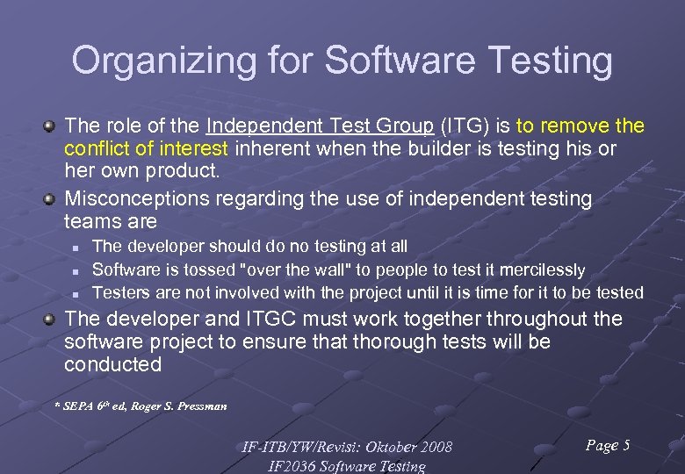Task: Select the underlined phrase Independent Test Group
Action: click(x=320, y=126)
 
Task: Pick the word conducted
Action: click(x=113, y=365)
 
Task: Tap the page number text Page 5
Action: click(x=607, y=446)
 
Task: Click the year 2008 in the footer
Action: click(x=435, y=448)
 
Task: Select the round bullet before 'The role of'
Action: click(x=52, y=126)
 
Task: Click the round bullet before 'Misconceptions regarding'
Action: click(x=52, y=199)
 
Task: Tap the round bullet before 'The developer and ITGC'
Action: click(x=52, y=320)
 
